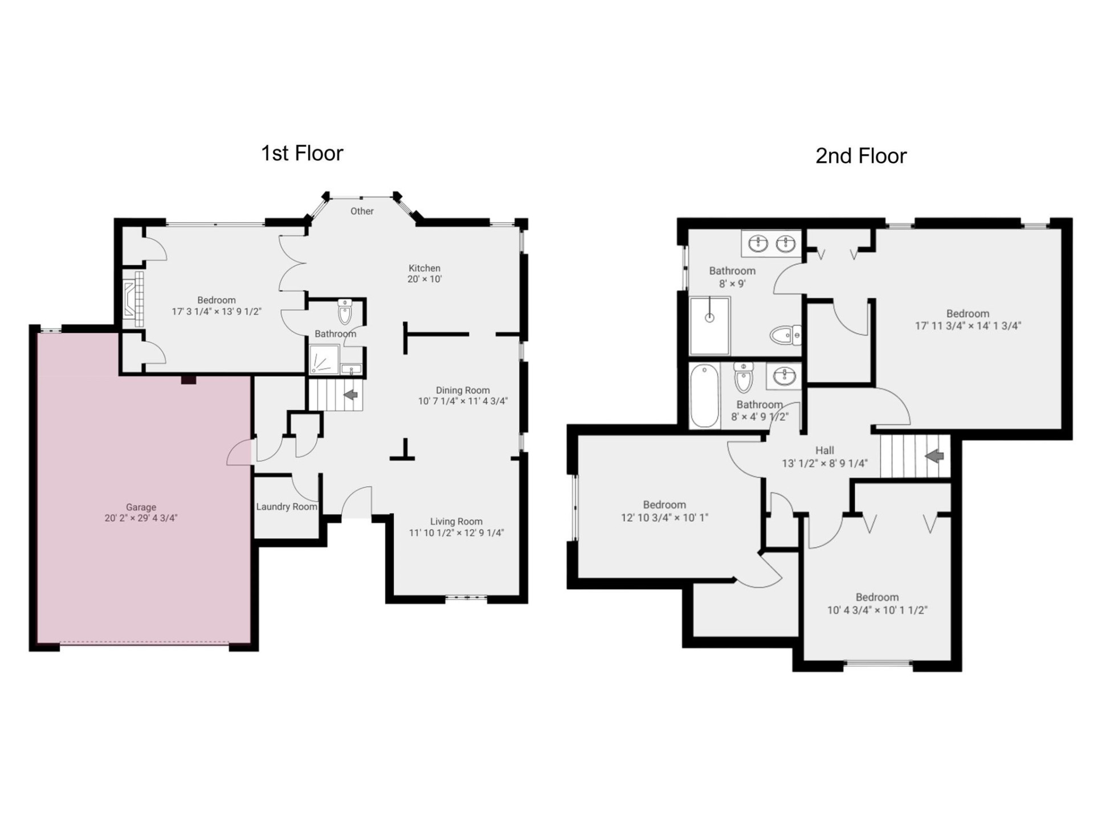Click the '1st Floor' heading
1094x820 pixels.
click(x=302, y=153)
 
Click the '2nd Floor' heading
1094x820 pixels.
click(x=860, y=156)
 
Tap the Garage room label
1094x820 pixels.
click(x=141, y=507)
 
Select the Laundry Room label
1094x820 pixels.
click(x=286, y=506)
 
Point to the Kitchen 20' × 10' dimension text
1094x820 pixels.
click(x=424, y=279)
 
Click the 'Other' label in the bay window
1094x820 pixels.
click(x=362, y=211)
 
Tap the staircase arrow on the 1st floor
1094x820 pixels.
click(x=350, y=394)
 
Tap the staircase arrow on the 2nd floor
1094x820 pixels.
click(x=934, y=456)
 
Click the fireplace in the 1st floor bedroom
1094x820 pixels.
click(x=133, y=298)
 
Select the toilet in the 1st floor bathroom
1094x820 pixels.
click(x=345, y=311)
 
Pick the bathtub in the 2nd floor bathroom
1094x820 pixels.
click(x=704, y=396)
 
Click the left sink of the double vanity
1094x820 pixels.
click(x=758, y=244)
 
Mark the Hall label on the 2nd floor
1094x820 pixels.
click(x=824, y=450)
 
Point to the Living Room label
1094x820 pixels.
click(x=456, y=521)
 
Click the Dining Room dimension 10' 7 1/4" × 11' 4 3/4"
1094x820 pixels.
click(x=463, y=401)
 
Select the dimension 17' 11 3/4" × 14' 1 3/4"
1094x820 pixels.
click(x=968, y=326)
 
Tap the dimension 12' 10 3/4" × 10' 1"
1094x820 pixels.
click(x=664, y=517)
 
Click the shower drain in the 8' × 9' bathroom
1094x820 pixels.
click(x=709, y=318)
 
